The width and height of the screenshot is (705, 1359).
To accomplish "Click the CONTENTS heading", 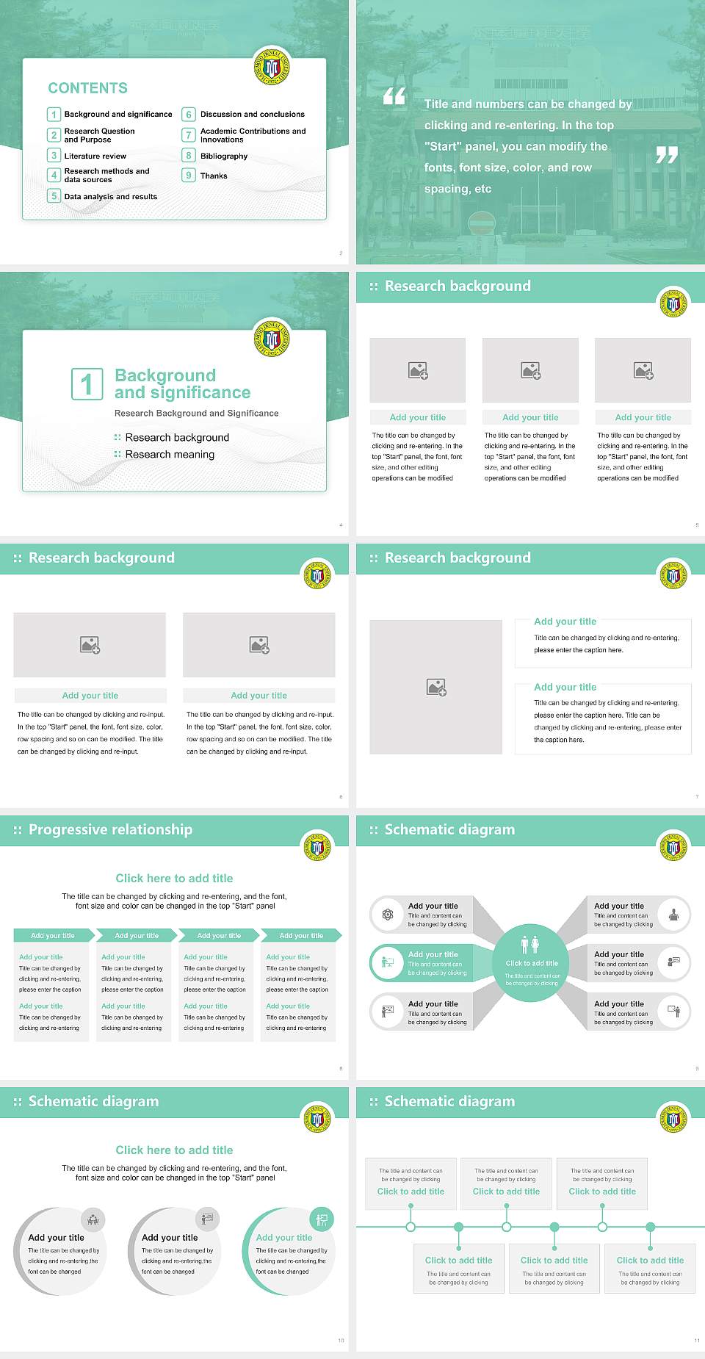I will point(88,88).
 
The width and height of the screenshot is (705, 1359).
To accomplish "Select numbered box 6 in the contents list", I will point(189,115).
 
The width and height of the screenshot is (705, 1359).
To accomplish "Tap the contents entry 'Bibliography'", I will point(223,156).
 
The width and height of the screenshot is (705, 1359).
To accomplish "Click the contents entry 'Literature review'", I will point(95,156).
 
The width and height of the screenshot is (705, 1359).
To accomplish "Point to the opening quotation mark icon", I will point(394,95).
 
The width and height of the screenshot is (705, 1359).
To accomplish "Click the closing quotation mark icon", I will point(666,155).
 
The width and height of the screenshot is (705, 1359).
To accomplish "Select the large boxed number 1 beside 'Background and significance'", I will point(87,384).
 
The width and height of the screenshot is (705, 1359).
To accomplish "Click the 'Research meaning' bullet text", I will point(170,455).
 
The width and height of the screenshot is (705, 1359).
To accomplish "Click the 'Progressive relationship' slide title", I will point(110,830).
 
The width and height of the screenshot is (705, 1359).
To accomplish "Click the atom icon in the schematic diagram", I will point(388,915).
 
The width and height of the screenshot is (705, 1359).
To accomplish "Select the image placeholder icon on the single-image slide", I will point(436,688).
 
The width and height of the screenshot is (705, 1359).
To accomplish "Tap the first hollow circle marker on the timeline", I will point(411,1227).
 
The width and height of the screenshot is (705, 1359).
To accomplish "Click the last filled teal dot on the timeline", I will point(650,1227).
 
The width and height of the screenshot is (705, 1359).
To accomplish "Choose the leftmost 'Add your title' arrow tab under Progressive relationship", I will point(53,936).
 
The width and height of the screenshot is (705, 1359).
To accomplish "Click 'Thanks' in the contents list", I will point(214,176).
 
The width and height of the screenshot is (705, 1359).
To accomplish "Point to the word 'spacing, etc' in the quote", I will point(458,190).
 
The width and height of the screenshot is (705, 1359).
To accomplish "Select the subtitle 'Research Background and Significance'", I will point(196,414).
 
